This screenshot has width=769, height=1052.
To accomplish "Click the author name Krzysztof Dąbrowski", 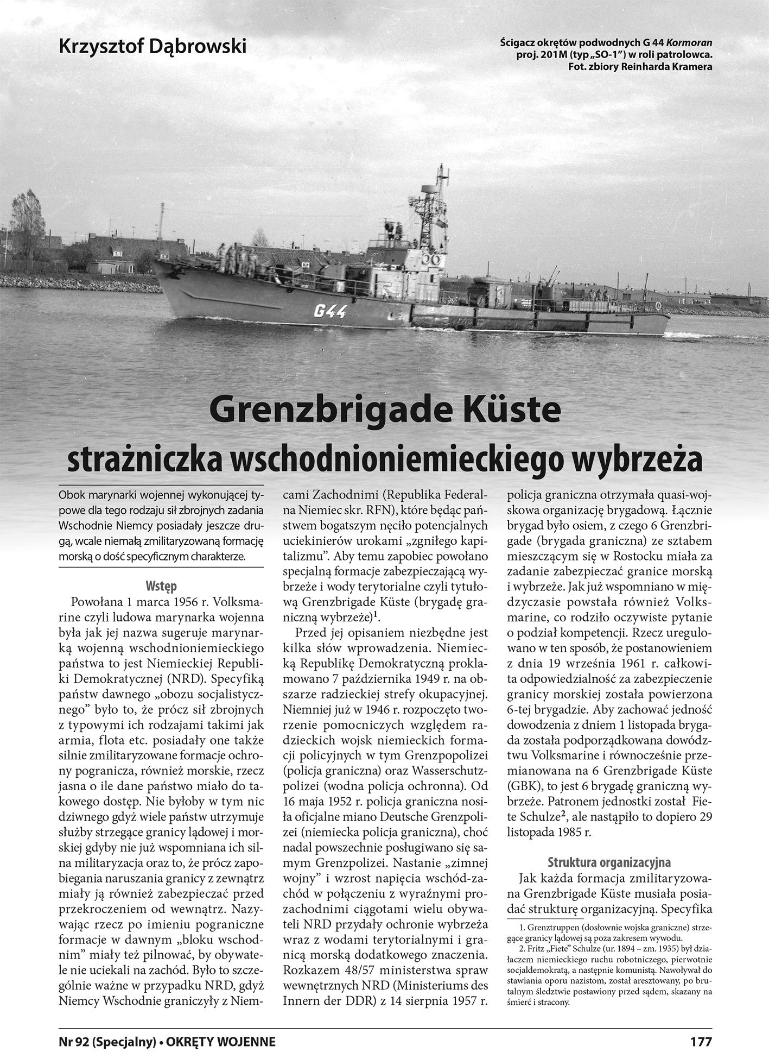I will [152, 46].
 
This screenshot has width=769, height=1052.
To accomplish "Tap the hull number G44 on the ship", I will [330, 311].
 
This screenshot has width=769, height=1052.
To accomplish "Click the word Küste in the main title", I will [507, 411].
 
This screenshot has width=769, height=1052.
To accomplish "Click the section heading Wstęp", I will [161, 586].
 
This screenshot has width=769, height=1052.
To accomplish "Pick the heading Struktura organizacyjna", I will [609, 862].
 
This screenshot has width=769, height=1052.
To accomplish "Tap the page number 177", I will [701, 1041].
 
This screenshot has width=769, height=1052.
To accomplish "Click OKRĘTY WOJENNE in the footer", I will [221, 1041].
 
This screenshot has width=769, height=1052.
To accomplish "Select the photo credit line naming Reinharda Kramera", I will [639, 66].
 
